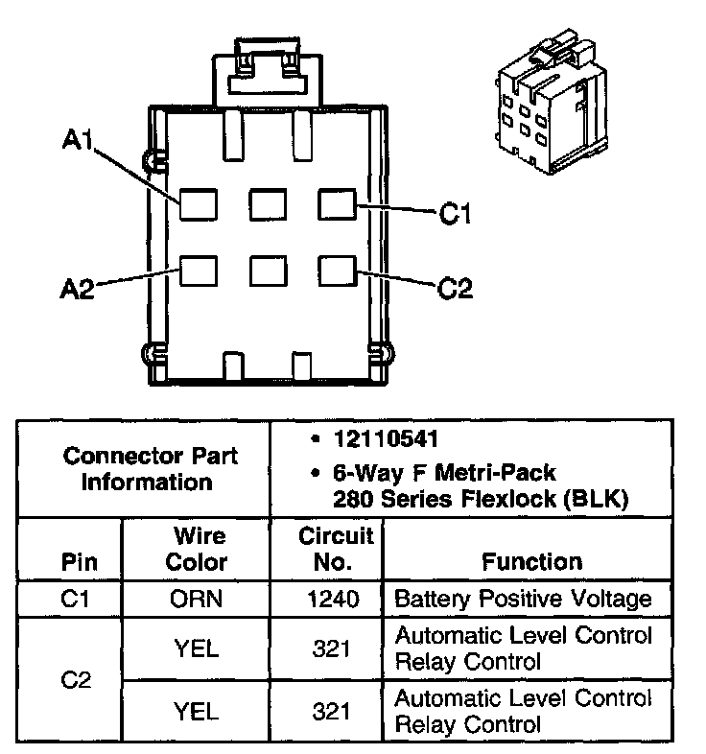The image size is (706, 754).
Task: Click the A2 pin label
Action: (x=78, y=289)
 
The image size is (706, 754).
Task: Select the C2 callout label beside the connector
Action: (x=455, y=287)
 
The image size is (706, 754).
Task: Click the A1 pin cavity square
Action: (x=198, y=203)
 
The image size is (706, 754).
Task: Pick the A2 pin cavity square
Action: (x=198, y=270)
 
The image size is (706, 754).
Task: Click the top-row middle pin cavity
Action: (x=268, y=203)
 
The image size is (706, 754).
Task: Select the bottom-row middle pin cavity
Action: (x=268, y=270)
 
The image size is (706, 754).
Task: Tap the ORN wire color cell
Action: (x=197, y=600)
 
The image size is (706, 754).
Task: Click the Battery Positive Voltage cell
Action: (x=524, y=600)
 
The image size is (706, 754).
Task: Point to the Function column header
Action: (x=531, y=562)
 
